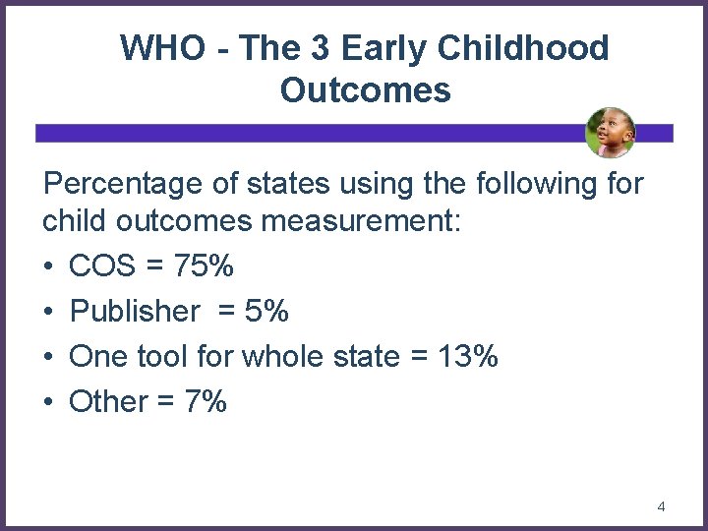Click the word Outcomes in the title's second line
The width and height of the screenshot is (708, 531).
pyautogui.click(x=365, y=90)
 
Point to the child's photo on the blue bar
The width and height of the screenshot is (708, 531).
pyautogui.click(x=610, y=133)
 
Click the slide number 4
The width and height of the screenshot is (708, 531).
pyautogui.click(x=661, y=506)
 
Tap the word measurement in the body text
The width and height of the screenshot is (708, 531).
pyautogui.click(x=359, y=222)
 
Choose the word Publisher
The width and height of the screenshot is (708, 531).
pyautogui.click(x=135, y=312)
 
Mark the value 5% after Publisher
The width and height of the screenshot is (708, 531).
pyautogui.click(x=267, y=312)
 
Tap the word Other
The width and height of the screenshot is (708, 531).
pyautogui.click(x=108, y=401)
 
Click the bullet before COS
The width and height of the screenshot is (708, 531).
pyautogui.click(x=49, y=267)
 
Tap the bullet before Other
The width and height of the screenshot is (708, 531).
pyautogui.click(x=49, y=402)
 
